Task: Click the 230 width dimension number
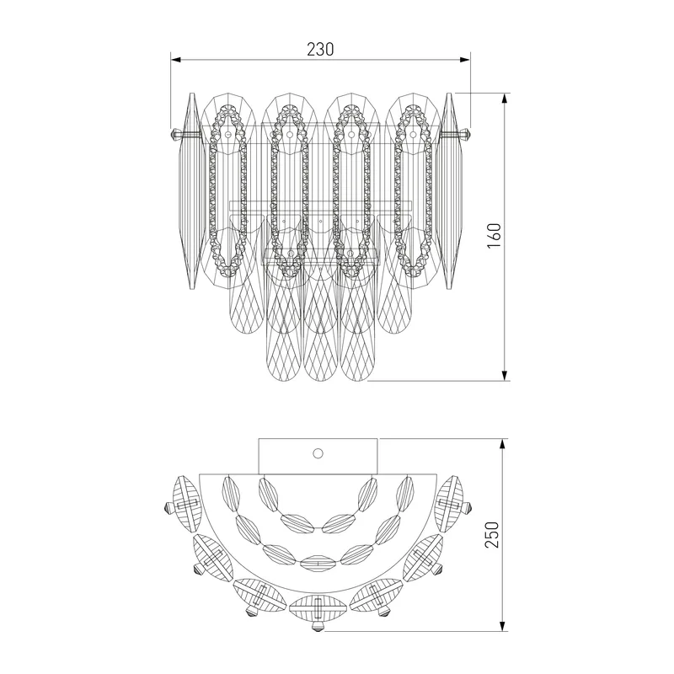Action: pos(320,50)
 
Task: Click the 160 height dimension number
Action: pos(495,236)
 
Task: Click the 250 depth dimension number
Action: pos(493,534)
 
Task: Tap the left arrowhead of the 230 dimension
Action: pos(176,60)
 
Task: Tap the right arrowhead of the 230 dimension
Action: pos(465,60)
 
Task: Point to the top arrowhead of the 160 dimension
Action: pos(505,98)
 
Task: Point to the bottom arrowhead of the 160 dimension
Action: pos(505,375)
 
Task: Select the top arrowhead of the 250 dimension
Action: pos(502,445)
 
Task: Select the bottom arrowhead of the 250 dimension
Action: pos(502,626)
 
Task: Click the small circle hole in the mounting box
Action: pos(318,453)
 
